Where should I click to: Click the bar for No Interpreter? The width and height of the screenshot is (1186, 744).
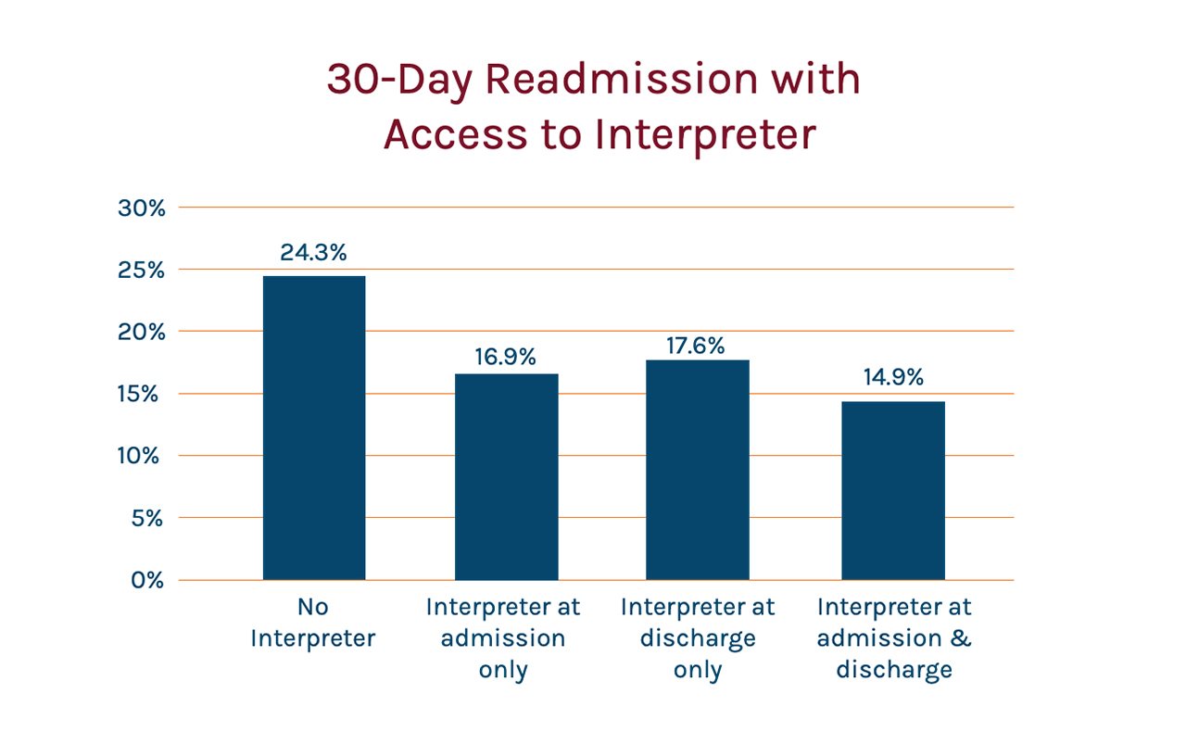[314, 428]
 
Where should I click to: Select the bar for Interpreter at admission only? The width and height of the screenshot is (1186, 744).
[506, 477]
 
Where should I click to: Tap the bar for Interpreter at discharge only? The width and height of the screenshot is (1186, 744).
[698, 471]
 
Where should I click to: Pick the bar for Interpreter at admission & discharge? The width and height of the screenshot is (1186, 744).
[893, 491]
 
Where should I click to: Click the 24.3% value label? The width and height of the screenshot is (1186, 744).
[313, 253]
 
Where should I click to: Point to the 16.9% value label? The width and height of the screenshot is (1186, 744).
[505, 357]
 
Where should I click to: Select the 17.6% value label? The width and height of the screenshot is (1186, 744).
[695, 346]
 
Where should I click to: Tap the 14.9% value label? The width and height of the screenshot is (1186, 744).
[893, 377]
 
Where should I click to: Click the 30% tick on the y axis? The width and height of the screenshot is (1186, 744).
[142, 208]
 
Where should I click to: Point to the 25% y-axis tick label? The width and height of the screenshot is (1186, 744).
[141, 270]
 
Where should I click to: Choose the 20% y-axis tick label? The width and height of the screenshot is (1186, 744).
[142, 332]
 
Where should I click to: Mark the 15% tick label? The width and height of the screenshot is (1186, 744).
[138, 394]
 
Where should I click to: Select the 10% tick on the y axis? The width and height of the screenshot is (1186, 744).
[138, 456]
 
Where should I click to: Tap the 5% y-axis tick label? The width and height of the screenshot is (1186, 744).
[147, 518]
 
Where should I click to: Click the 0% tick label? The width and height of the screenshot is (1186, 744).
[147, 580]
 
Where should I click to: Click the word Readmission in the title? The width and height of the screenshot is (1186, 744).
[622, 80]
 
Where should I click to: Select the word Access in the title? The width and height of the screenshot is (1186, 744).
[455, 134]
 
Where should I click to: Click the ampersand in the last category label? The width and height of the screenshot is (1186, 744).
[961, 637]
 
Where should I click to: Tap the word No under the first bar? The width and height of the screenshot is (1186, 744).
[313, 607]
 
